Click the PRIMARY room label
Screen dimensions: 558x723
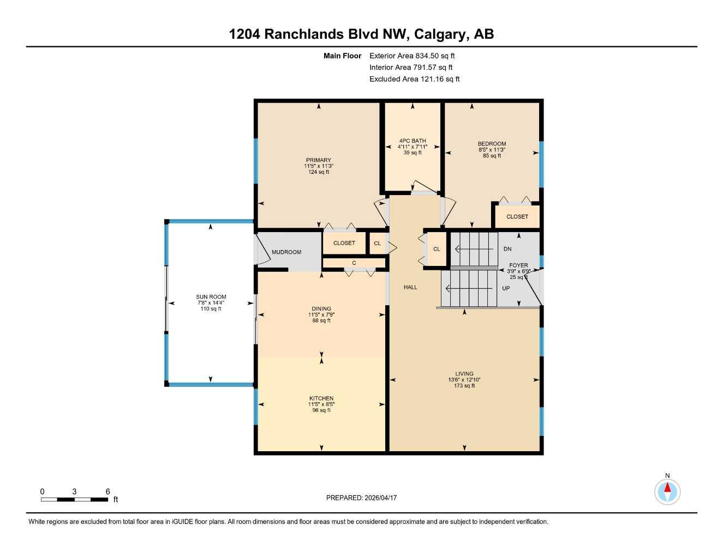(x=318, y=160)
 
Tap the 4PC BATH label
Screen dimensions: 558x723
(x=412, y=141)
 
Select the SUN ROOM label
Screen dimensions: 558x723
(x=211, y=297)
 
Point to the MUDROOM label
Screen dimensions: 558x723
(x=286, y=252)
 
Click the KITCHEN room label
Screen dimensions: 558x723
(x=321, y=398)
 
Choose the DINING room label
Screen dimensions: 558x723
(x=321, y=308)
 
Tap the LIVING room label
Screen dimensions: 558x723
(x=464, y=374)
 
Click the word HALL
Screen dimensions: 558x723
(x=410, y=287)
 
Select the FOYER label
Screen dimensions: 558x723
(x=518, y=265)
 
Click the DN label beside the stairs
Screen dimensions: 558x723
(x=507, y=249)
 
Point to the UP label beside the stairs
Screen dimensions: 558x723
(x=506, y=288)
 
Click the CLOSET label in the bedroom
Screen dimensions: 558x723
(x=517, y=216)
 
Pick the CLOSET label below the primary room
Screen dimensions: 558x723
(x=344, y=243)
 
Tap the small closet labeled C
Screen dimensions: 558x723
(x=354, y=263)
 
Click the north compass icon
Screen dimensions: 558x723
(x=667, y=492)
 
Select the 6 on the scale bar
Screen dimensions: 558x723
(x=107, y=492)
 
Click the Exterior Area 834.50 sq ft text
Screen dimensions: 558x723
(x=411, y=56)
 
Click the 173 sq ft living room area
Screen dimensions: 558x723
(x=464, y=386)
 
